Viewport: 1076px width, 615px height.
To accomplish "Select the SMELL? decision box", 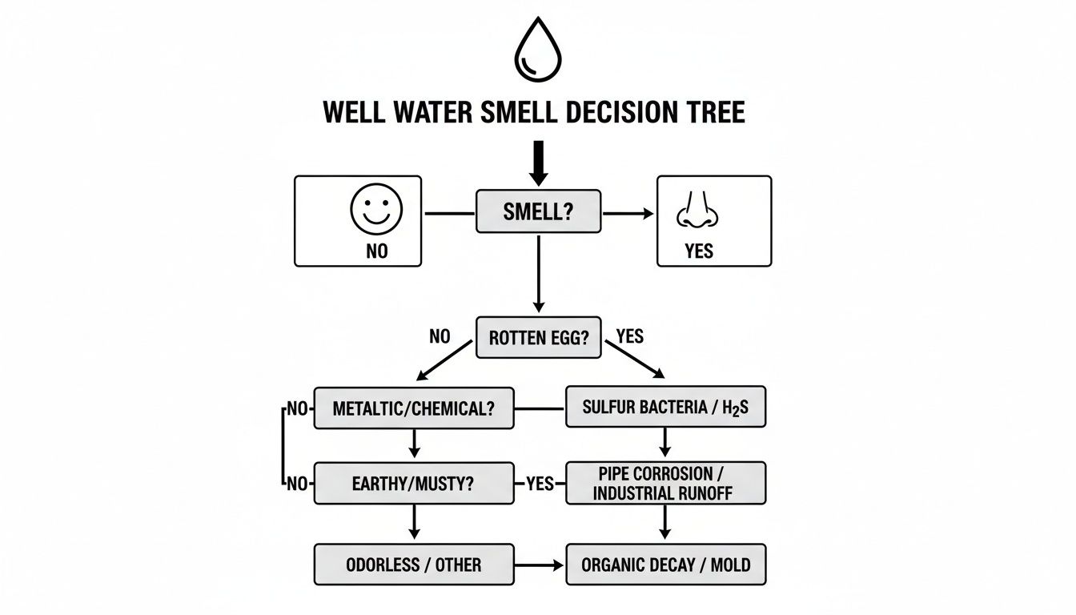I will coord(538,211).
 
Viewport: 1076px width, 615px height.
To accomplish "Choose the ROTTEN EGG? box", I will coord(538,337).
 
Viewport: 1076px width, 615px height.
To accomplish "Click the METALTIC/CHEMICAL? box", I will coord(413,408).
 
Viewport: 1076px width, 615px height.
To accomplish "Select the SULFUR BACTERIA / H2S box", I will coord(666,408).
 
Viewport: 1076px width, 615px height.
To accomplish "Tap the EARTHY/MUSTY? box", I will coord(413,483).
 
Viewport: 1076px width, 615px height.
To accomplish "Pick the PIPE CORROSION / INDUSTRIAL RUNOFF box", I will coord(666,483).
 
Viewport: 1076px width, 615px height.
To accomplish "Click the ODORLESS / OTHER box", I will coord(413,565).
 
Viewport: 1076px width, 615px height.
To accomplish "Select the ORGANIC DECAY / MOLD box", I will coord(666,565).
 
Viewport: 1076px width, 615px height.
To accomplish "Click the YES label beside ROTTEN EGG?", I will coord(630,336).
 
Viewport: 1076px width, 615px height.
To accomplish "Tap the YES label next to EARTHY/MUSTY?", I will coord(540,484).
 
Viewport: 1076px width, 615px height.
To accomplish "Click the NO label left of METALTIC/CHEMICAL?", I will coord(297,409).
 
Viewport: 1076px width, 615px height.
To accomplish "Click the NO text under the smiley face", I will coord(376,251).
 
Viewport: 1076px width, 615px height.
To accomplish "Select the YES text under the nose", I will coord(698,251).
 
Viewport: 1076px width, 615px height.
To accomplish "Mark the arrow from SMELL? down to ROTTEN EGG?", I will coord(538,272).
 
